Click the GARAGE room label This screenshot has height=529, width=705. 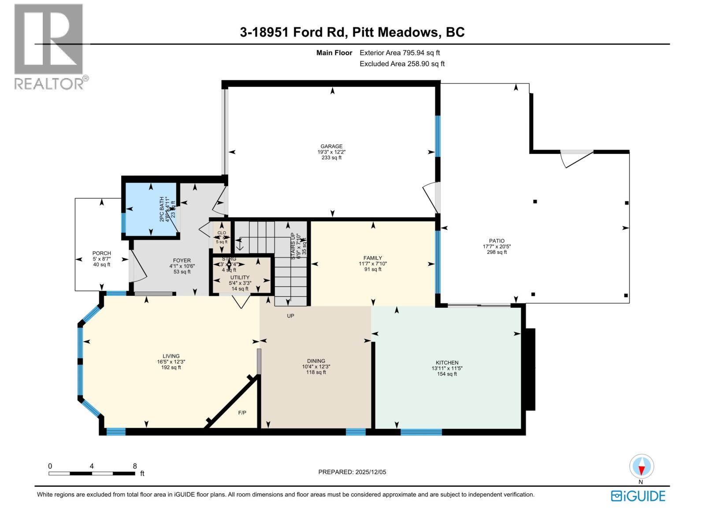[x=331, y=146]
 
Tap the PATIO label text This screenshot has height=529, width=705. [x=497, y=241]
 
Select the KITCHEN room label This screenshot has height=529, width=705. [x=447, y=362]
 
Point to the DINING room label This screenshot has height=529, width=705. [x=316, y=361]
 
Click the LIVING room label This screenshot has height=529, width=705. [x=171, y=356]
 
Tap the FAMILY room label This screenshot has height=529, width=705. [x=373, y=258]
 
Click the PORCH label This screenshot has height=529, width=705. [x=102, y=253]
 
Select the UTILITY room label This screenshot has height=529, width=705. [x=239, y=278]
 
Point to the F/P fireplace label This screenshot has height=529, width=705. [x=242, y=413]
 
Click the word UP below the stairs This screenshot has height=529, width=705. [x=290, y=316]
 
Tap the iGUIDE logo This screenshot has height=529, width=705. [x=638, y=496]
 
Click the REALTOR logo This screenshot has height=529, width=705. [x=49, y=46]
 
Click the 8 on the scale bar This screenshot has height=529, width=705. [x=135, y=466]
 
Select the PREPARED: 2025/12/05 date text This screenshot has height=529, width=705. [x=352, y=472]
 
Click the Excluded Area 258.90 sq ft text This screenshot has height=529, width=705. [x=402, y=64]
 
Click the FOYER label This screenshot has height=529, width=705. [x=182, y=261]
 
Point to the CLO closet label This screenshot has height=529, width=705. [x=222, y=233]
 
